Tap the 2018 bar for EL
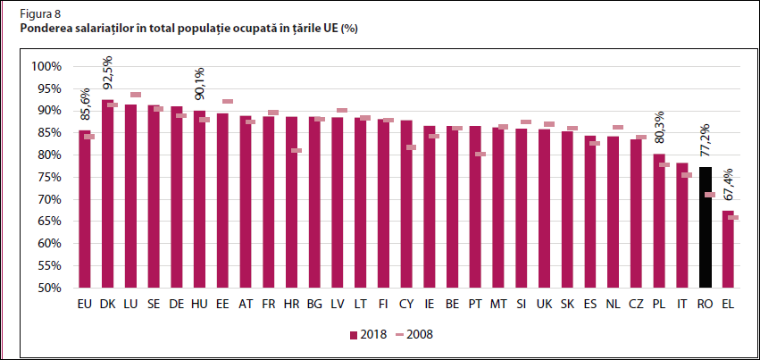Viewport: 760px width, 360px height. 729,249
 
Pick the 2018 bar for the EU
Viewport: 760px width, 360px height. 85,209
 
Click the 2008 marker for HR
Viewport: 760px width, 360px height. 296,150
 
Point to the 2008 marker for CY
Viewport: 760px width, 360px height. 411,147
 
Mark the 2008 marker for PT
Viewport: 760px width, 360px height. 480,154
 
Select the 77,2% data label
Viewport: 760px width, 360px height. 706,144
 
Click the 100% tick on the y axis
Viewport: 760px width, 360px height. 46,67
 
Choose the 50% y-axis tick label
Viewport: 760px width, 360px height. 48,289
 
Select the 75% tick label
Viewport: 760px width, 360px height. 48,178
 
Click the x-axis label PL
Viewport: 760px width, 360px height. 659,305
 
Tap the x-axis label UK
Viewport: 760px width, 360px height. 544,305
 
